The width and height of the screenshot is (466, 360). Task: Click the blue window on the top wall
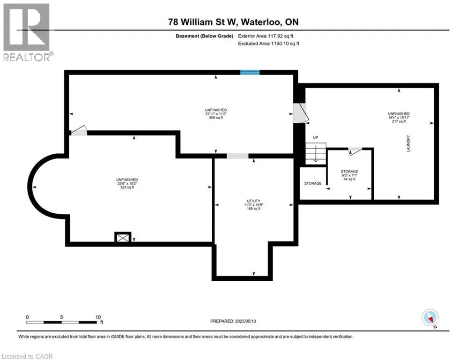(250, 72)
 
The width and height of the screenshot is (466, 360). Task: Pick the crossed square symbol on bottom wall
(123, 238)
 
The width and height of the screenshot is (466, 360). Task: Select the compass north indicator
(429, 318)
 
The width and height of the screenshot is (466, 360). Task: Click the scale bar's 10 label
(97, 317)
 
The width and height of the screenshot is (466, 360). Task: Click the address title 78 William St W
(233, 22)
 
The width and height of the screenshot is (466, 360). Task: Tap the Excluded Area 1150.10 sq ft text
(267, 43)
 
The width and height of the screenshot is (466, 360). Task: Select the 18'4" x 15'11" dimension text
(399, 118)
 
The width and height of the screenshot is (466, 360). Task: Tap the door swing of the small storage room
(355, 150)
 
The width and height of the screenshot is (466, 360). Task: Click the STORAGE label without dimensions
(313, 183)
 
